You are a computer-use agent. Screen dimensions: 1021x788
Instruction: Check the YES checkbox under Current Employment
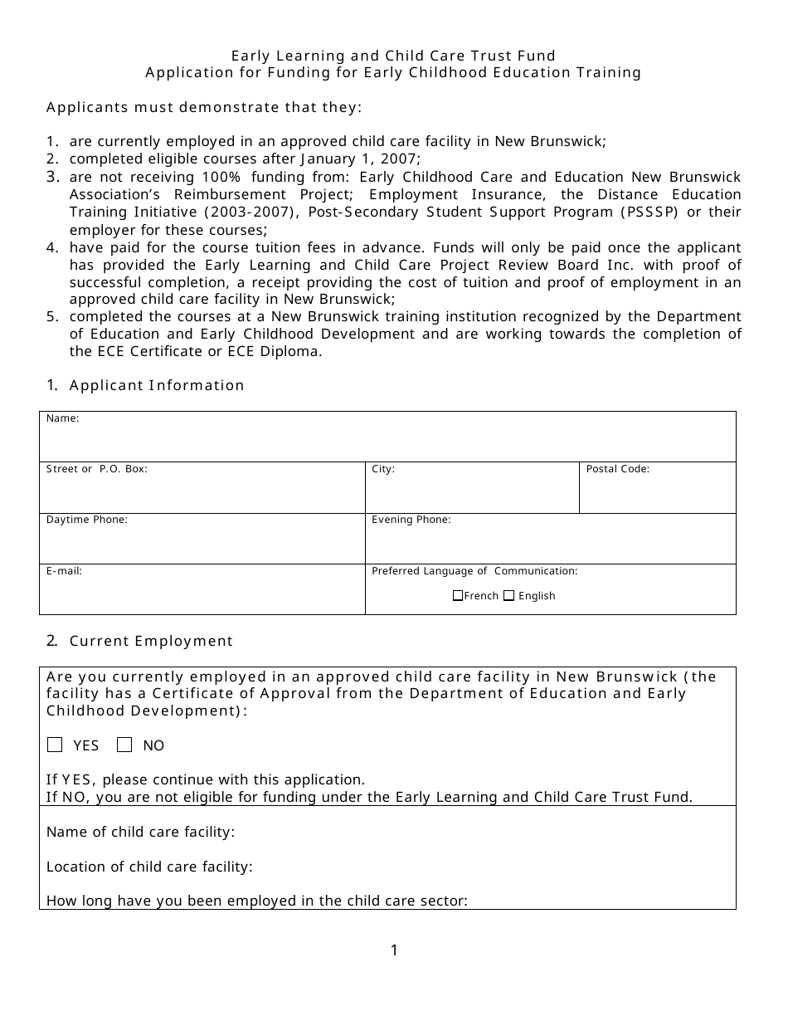point(55,745)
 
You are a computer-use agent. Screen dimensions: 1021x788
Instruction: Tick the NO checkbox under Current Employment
point(124,745)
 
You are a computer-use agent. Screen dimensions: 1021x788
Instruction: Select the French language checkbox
point(458,595)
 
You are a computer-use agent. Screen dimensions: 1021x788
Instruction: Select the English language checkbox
point(509,595)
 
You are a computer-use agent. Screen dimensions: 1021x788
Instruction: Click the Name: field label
point(63,418)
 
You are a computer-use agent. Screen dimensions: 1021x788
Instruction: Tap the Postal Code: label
point(617,469)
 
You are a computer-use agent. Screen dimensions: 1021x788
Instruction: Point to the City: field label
point(383,469)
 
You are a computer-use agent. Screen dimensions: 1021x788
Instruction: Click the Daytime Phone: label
point(87,520)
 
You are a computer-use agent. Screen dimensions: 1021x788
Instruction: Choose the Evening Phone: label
point(411,520)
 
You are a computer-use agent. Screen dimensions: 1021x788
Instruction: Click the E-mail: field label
point(65,571)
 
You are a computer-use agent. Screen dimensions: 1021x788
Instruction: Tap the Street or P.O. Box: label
point(96,469)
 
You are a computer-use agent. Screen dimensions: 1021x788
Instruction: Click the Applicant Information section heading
point(157,385)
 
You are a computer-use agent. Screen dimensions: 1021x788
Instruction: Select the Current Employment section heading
point(151,641)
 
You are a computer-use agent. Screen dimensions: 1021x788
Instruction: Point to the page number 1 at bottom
point(394,950)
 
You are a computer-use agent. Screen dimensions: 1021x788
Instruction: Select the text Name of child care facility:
point(140,832)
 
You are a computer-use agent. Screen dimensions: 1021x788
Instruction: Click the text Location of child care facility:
point(149,867)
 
